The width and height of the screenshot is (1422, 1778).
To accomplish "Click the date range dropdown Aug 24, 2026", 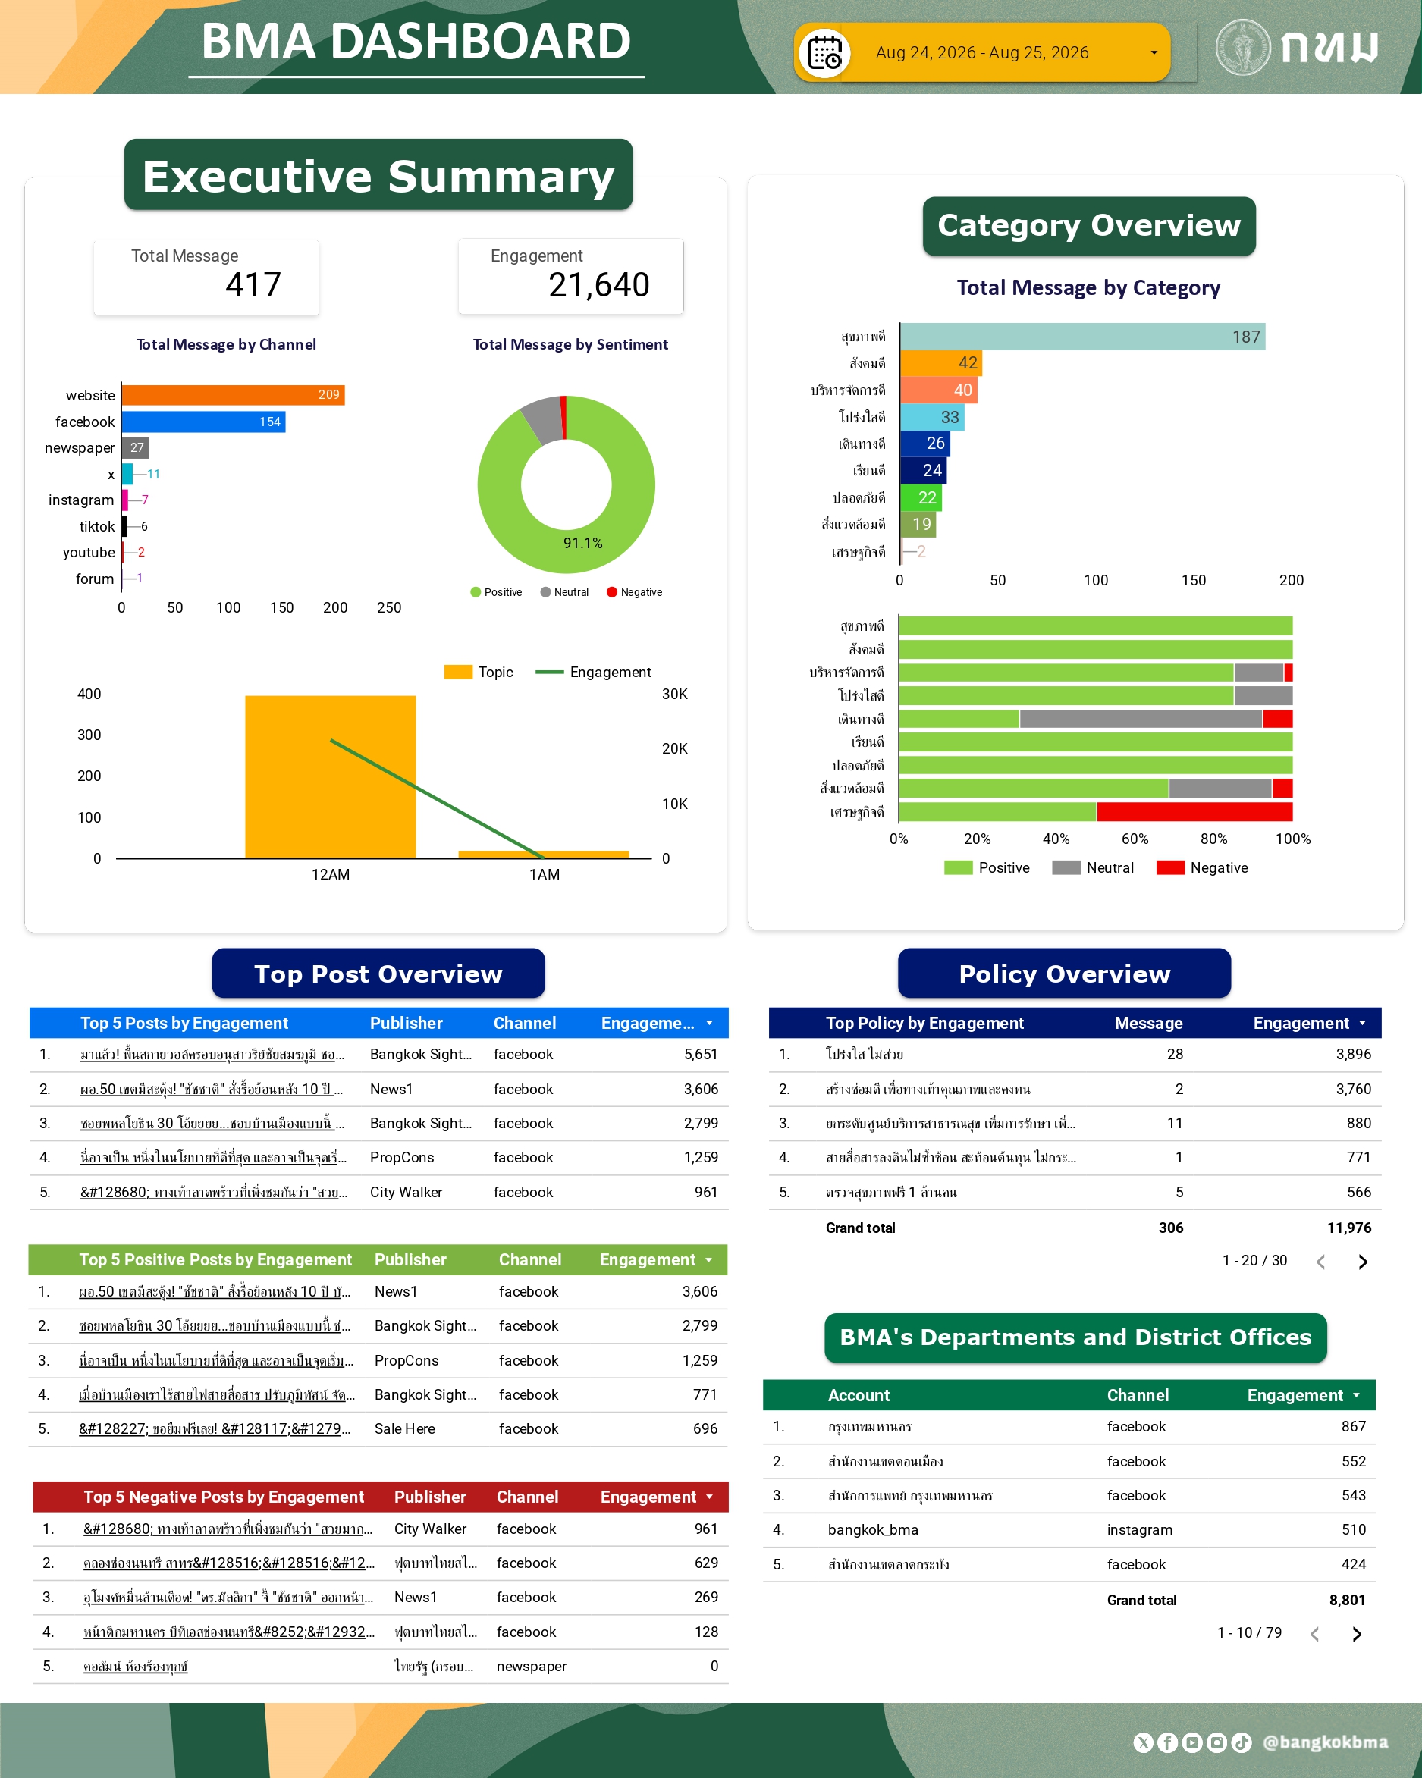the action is coord(981,52).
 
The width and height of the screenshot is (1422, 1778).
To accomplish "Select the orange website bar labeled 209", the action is coord(234,395).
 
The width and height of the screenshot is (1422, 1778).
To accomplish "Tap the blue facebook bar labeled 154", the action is coord(204,422).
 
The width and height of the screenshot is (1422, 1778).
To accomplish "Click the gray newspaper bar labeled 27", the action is coord(135,448).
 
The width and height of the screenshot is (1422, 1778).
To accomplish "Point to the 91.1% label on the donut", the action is coord(582,543).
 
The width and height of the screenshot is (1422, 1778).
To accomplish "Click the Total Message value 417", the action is coord(253,284).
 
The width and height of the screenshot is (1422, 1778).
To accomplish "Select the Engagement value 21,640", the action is coord(599,284).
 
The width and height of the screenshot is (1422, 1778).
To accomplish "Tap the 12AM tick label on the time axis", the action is coord(331,874).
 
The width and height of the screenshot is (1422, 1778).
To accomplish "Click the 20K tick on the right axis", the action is coord(675,749).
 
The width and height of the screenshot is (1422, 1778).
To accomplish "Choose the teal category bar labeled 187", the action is coord(1082,337).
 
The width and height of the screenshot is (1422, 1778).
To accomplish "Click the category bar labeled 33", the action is coord(932,417).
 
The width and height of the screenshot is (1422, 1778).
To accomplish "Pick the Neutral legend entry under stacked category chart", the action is coord(1093,867).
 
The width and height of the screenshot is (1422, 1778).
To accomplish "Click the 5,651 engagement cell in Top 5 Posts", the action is coord(700,1054).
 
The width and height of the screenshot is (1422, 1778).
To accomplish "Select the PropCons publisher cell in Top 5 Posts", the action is coord(402,1157).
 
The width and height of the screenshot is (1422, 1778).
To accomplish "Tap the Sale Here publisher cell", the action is coord(404,1428).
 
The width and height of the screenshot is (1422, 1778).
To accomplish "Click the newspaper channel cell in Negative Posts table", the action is coord(531,1666).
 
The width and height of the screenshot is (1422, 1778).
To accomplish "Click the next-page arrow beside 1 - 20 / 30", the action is coord(1363,1262).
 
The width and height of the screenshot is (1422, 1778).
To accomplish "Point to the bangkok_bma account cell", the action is coord(873,1530).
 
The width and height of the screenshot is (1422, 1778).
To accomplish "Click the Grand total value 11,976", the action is coord(1348,1228).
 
